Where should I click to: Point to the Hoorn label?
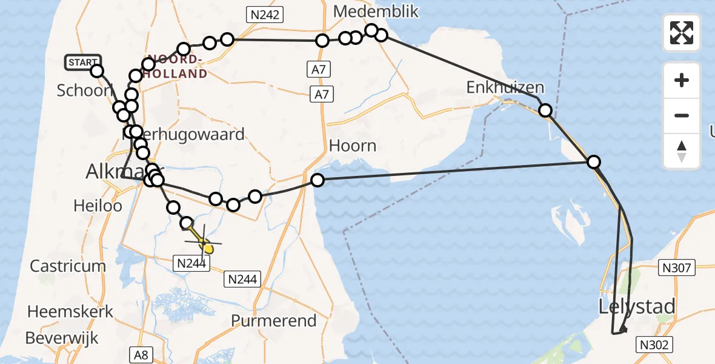coord(353,146)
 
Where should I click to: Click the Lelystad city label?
coord(636,306)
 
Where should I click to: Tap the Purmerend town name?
coord(274,320)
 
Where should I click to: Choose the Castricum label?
coord(68,266)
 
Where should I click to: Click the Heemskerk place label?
coord(70,312)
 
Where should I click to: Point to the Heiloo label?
coord(98,206)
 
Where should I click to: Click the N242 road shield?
coord(264,15)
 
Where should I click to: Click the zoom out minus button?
coord(682,115)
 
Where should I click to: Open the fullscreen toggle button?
coord(682,33)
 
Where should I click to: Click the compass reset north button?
coord(682,151)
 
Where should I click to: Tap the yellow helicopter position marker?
coord(207,247)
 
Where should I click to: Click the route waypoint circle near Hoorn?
coord(317,180)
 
